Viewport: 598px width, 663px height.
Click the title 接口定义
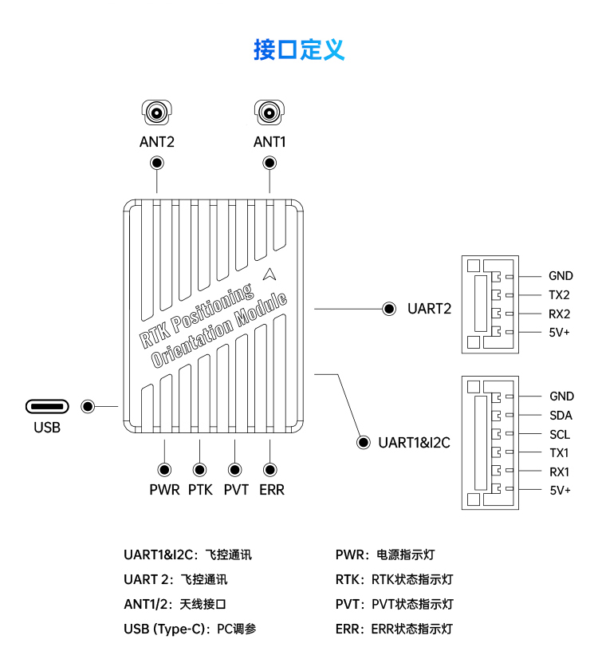pyautogui.click(x=299, y=49)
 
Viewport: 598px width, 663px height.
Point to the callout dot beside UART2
pyautogui.click(x=390, y=309)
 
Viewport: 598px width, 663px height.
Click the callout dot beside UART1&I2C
pyautogui.click(x=363, y=442)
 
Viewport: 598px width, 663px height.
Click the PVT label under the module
pyautogui.click(x=236, y=490)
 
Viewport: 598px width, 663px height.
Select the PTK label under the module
pyautogui.click(x=200, y=490)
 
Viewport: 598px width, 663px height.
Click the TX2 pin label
pyautogui.click(x=559, y=295)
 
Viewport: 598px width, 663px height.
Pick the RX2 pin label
pyautogui.click(x=560, y=314)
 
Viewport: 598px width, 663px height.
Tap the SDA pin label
pyautogui.click(x=561, y=415)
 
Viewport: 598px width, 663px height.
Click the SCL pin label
pyautogui.click(x=560, y=434)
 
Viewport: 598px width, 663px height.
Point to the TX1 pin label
pyautogui.click(x=559, y=452)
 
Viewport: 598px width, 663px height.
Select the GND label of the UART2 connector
pyautogui.click(x=561, y=276)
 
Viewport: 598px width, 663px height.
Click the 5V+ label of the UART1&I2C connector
pyautogui.click(x=561, y=490)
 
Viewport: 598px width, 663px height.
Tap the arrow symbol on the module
pyautogui.click(x=272, y=274)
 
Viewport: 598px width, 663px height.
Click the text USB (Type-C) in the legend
pyautogui.click(x=166, y=629)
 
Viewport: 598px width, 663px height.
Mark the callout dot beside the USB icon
pyautogui.click(x=89, y=407)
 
